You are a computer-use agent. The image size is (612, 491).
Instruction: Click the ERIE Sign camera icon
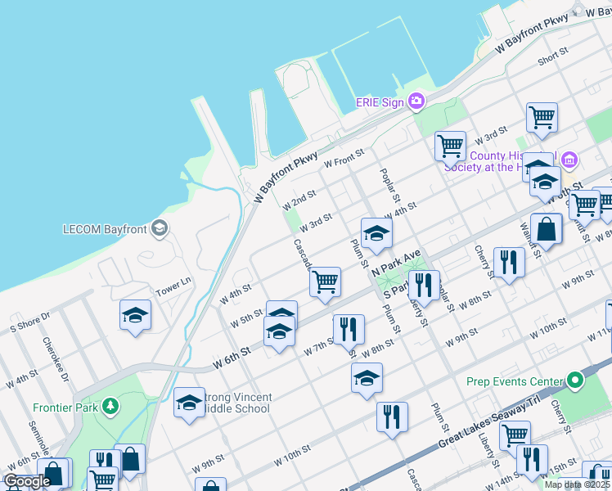click(416, 101)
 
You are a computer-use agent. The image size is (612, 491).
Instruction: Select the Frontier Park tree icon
click(110, 407)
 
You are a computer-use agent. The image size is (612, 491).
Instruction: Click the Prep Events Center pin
click(574, 381)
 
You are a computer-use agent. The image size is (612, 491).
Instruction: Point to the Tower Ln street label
click(173, 287)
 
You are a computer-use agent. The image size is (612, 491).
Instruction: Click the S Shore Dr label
click(30, 320)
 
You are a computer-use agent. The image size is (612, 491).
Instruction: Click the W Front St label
click(343, 163)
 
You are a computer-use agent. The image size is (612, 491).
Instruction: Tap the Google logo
click(27, 481)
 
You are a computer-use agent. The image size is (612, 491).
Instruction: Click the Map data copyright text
click(577, 484)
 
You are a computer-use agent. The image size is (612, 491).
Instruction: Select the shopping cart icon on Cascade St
click(325, 281)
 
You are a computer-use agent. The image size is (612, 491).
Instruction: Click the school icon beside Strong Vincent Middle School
click(189, 403)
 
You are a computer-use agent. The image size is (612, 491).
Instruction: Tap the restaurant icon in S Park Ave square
click(423, 285)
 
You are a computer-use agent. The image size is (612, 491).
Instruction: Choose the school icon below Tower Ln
click(135, 315)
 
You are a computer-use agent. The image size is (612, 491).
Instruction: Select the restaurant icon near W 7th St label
click(349, 328)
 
